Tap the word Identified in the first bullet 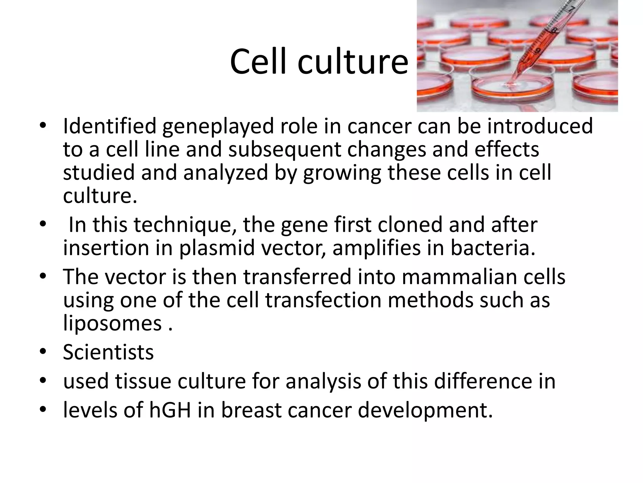click(110, 126)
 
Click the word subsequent click(284, 150)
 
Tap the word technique click(185, 225)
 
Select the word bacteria click(493, 248)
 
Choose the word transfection click(323, 300)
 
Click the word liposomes click(112, 324)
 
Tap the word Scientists click(108, 352)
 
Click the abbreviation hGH click(170, 410)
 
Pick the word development click(425, 411)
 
